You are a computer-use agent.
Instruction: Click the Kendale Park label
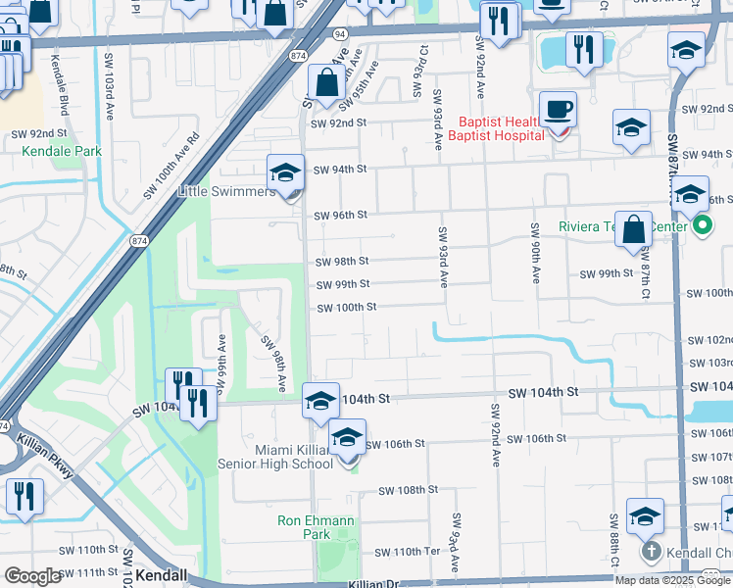point(63,152)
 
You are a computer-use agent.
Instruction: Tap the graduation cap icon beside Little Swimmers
point(285,173)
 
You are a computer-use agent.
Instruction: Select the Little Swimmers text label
point(226,192)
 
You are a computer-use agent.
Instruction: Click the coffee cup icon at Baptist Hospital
point(558,110)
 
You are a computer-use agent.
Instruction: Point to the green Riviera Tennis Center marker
point(702,226)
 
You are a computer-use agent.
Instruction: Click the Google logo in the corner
point(32,576)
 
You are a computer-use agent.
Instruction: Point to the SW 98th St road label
point(342,262)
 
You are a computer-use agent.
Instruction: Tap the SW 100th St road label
point(346,307)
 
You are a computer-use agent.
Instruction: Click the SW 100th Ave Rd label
point(171,165)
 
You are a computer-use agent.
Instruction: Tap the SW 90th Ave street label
point(536,253)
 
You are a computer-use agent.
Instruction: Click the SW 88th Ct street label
point(613,540)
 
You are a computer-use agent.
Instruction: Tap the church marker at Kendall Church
point(651,552)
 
